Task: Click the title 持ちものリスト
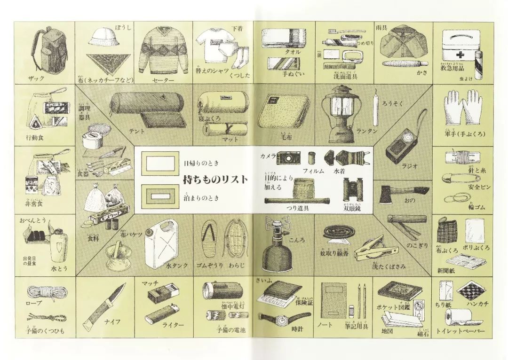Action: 215,180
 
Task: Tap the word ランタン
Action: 367,131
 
